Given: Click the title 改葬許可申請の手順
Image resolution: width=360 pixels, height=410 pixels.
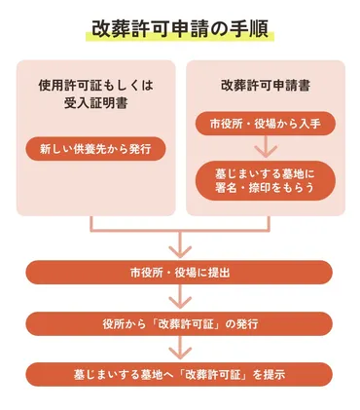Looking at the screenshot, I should (x=180, y=27).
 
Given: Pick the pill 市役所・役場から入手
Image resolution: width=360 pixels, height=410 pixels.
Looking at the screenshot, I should (x=265, y=124).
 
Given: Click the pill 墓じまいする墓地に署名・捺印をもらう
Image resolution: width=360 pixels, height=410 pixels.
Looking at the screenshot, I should (x=265, y=179).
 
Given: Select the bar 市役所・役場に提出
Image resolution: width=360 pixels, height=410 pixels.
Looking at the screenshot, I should (x=180, y=272).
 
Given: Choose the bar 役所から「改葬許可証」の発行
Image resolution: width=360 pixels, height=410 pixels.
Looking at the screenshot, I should (x=180, y=322).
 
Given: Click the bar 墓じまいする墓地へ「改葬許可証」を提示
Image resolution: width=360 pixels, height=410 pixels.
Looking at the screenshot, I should (x=180, y=373).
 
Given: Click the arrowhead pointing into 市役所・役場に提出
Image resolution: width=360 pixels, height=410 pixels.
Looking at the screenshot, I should (x=180, y=249).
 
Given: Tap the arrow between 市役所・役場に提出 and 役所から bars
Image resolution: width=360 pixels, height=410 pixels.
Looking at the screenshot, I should (x=180, y=297).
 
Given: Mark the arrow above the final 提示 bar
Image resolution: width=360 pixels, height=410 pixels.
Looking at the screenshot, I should (x=180, y=348).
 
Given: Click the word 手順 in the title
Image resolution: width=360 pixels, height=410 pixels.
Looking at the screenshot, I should (x=251, y=27).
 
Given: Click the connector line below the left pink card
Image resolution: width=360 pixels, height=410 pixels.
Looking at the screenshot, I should (x=91, y=223).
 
